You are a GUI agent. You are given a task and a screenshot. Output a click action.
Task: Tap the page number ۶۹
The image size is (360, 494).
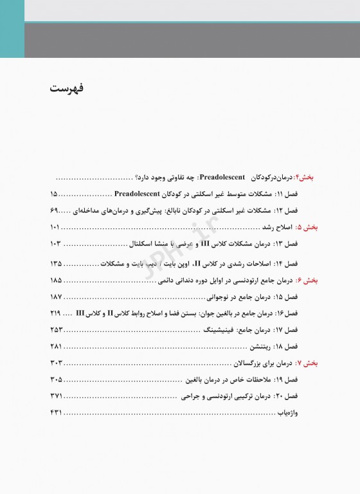tap(53, 210)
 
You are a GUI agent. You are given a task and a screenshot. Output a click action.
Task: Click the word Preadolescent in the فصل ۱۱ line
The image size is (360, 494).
tap(136, 193)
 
